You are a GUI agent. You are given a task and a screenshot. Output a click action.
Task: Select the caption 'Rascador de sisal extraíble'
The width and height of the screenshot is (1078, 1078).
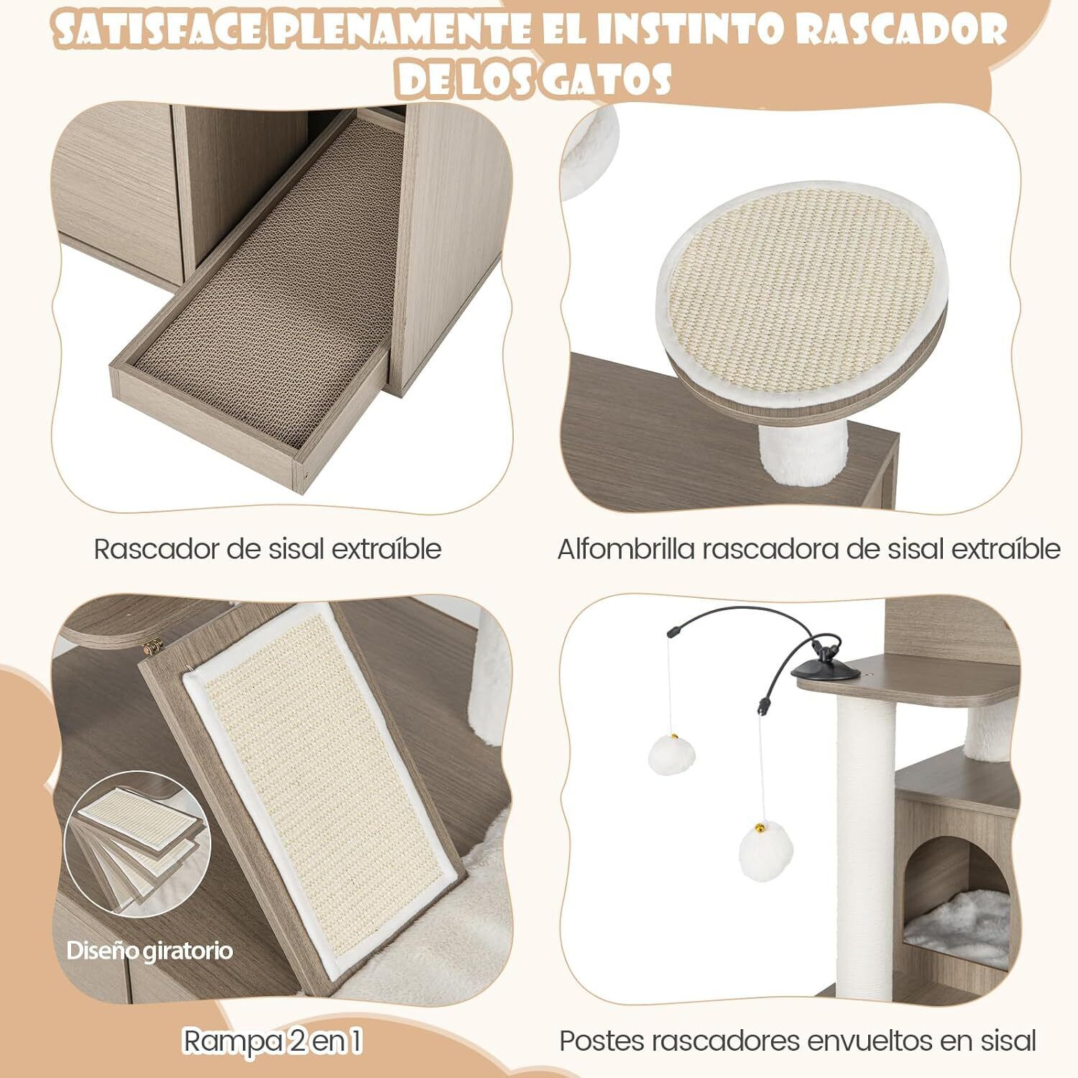267,549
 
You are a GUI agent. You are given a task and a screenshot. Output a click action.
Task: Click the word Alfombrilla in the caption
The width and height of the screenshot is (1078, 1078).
626,549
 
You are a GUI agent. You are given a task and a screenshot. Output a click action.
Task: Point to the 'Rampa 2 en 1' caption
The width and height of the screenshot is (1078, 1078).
272,1041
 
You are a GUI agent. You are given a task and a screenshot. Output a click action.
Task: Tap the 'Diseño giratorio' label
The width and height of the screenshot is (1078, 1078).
149,951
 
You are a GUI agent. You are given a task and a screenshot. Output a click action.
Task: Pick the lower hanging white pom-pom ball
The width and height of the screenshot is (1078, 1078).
766,849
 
